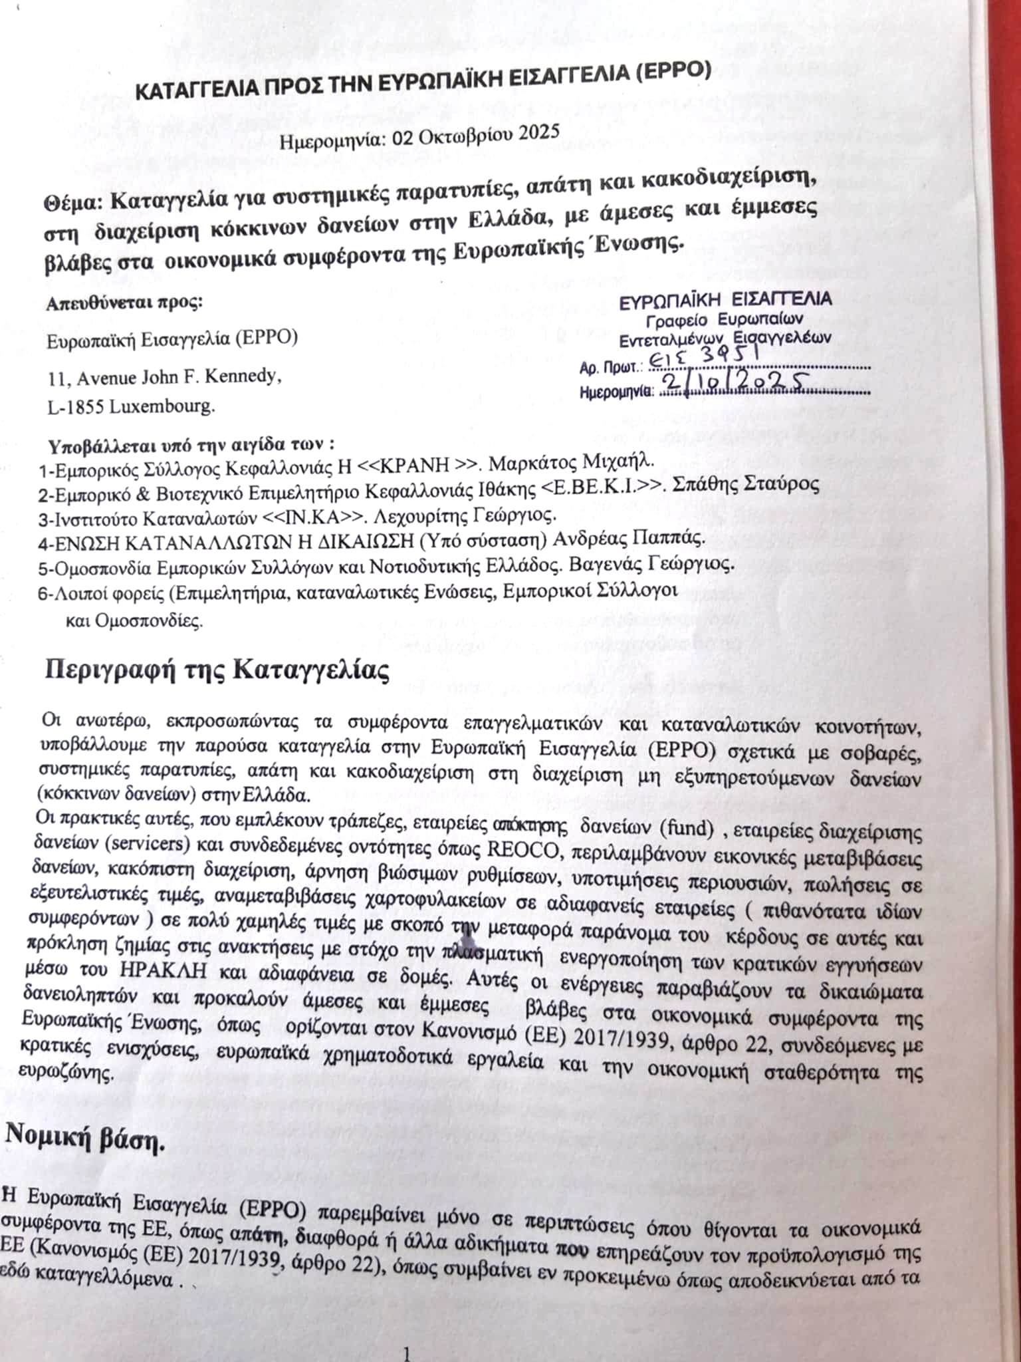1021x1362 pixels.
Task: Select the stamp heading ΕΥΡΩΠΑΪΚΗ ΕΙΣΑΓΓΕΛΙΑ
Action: pyautogui.click(x=725, y=300)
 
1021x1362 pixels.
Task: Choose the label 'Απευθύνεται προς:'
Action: pyautogui.click(x=124, y=303)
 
